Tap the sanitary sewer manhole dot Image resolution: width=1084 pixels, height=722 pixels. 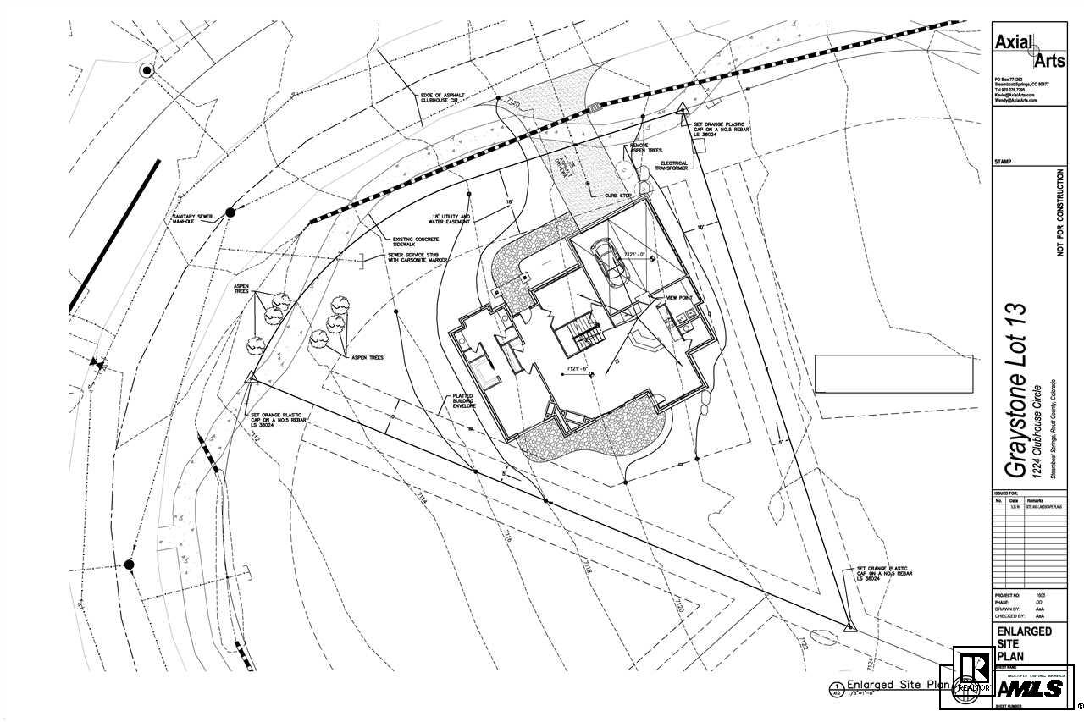230,212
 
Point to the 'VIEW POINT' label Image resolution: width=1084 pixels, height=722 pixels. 680,299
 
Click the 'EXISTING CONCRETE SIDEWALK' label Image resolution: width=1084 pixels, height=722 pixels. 410,243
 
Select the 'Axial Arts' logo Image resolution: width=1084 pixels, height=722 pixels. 1029,50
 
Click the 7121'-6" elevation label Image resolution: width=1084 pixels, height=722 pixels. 583,370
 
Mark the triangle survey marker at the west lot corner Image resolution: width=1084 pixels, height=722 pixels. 251,378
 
